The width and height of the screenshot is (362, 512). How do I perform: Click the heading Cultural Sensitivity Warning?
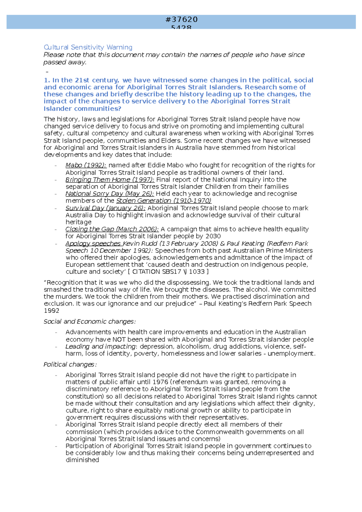(88, 47)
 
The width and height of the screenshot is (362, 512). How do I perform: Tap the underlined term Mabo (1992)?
(86, 165)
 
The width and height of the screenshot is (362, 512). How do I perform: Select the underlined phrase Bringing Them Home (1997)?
(110, 180)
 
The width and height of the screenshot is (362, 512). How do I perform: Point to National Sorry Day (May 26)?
(110, 194)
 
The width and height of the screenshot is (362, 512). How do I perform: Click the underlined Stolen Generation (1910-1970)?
(164, 201)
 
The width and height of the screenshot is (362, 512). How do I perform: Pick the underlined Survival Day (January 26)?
(105, 208)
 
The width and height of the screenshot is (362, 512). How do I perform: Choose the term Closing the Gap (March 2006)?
(112, 229)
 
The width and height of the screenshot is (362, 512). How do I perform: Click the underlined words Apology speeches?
(93, 244)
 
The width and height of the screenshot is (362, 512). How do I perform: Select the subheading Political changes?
(70, 365)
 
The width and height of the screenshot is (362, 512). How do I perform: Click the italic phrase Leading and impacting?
(100, 346)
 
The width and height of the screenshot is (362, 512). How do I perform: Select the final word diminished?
(82, 460)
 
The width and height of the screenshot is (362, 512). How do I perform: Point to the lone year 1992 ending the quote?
(51, 311)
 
